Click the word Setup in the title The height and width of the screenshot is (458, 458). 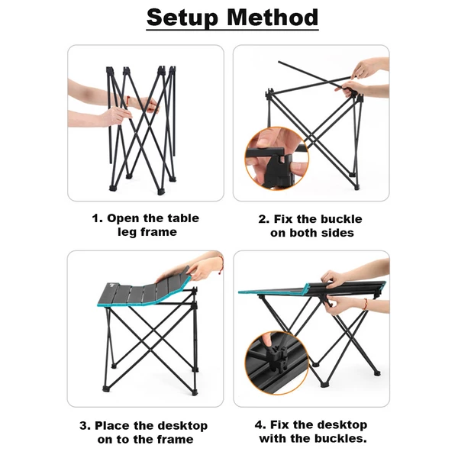(182, 18)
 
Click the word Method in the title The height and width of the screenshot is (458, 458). (273, 18)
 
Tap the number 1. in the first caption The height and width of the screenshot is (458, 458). (97, 218)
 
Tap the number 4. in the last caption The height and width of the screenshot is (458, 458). (260, 424)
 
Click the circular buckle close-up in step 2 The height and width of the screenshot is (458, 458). (277, 158)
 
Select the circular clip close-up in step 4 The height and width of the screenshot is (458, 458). (277, 363)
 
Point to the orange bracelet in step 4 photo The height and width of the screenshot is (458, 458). (366, 304)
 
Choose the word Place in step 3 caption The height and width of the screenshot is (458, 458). (113, 426)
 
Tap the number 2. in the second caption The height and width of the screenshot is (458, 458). (264, 219)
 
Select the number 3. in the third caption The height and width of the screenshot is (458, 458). (85, 426)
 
